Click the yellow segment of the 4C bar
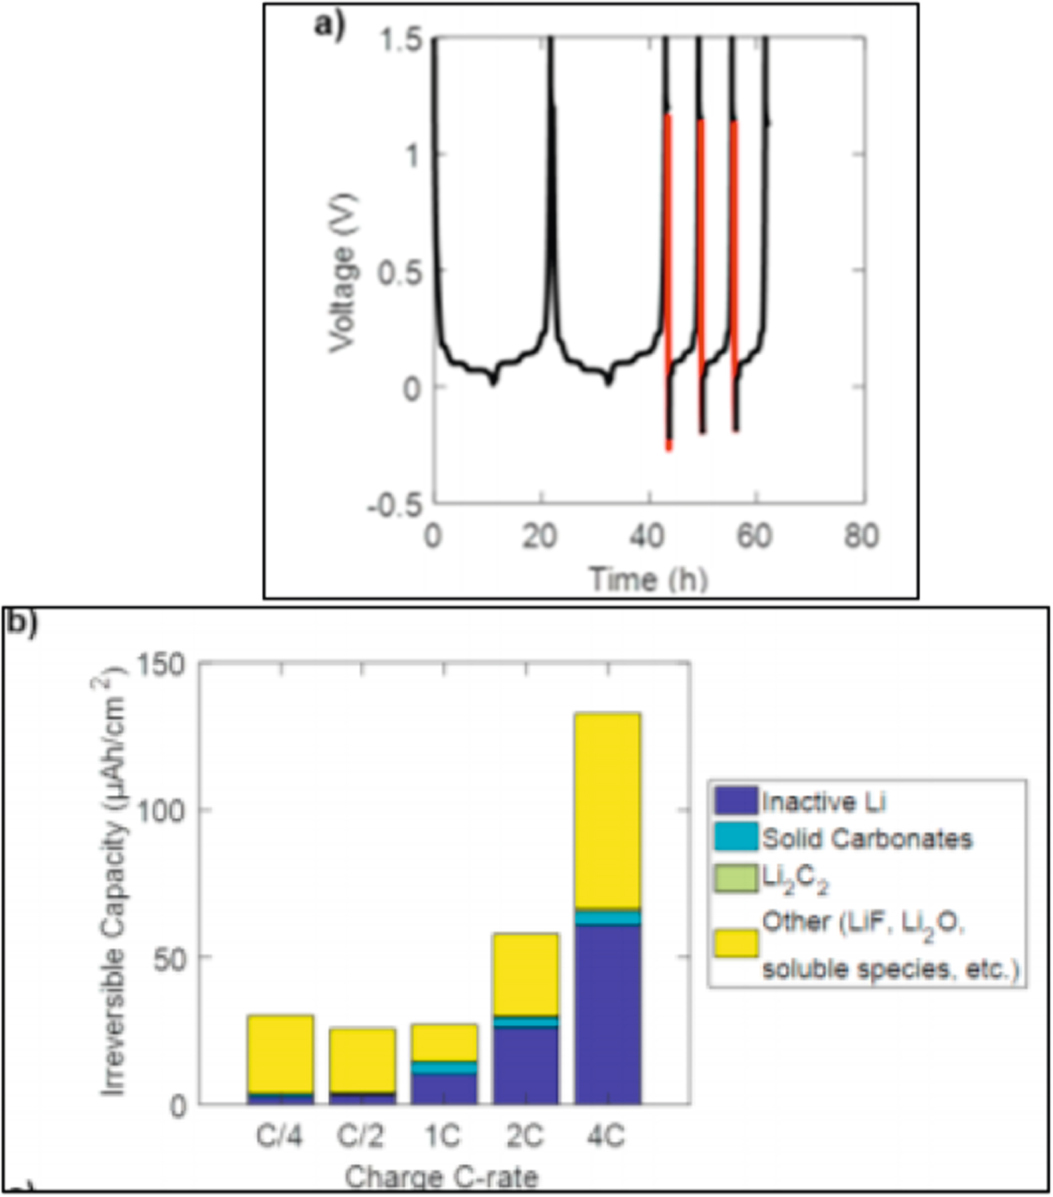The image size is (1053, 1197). coord(607,811)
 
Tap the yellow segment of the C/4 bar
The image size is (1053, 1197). coord(280,1053)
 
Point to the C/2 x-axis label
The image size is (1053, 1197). coord(361,1136)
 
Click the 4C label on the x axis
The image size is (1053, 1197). coord(606,1136)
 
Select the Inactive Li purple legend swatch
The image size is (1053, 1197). coord(736,801)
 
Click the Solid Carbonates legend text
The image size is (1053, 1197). coord(867,839)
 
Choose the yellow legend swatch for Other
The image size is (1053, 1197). coord(736,942)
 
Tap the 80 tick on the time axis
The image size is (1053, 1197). coord(861,536)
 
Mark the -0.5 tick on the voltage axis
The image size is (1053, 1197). coord(395,505)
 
